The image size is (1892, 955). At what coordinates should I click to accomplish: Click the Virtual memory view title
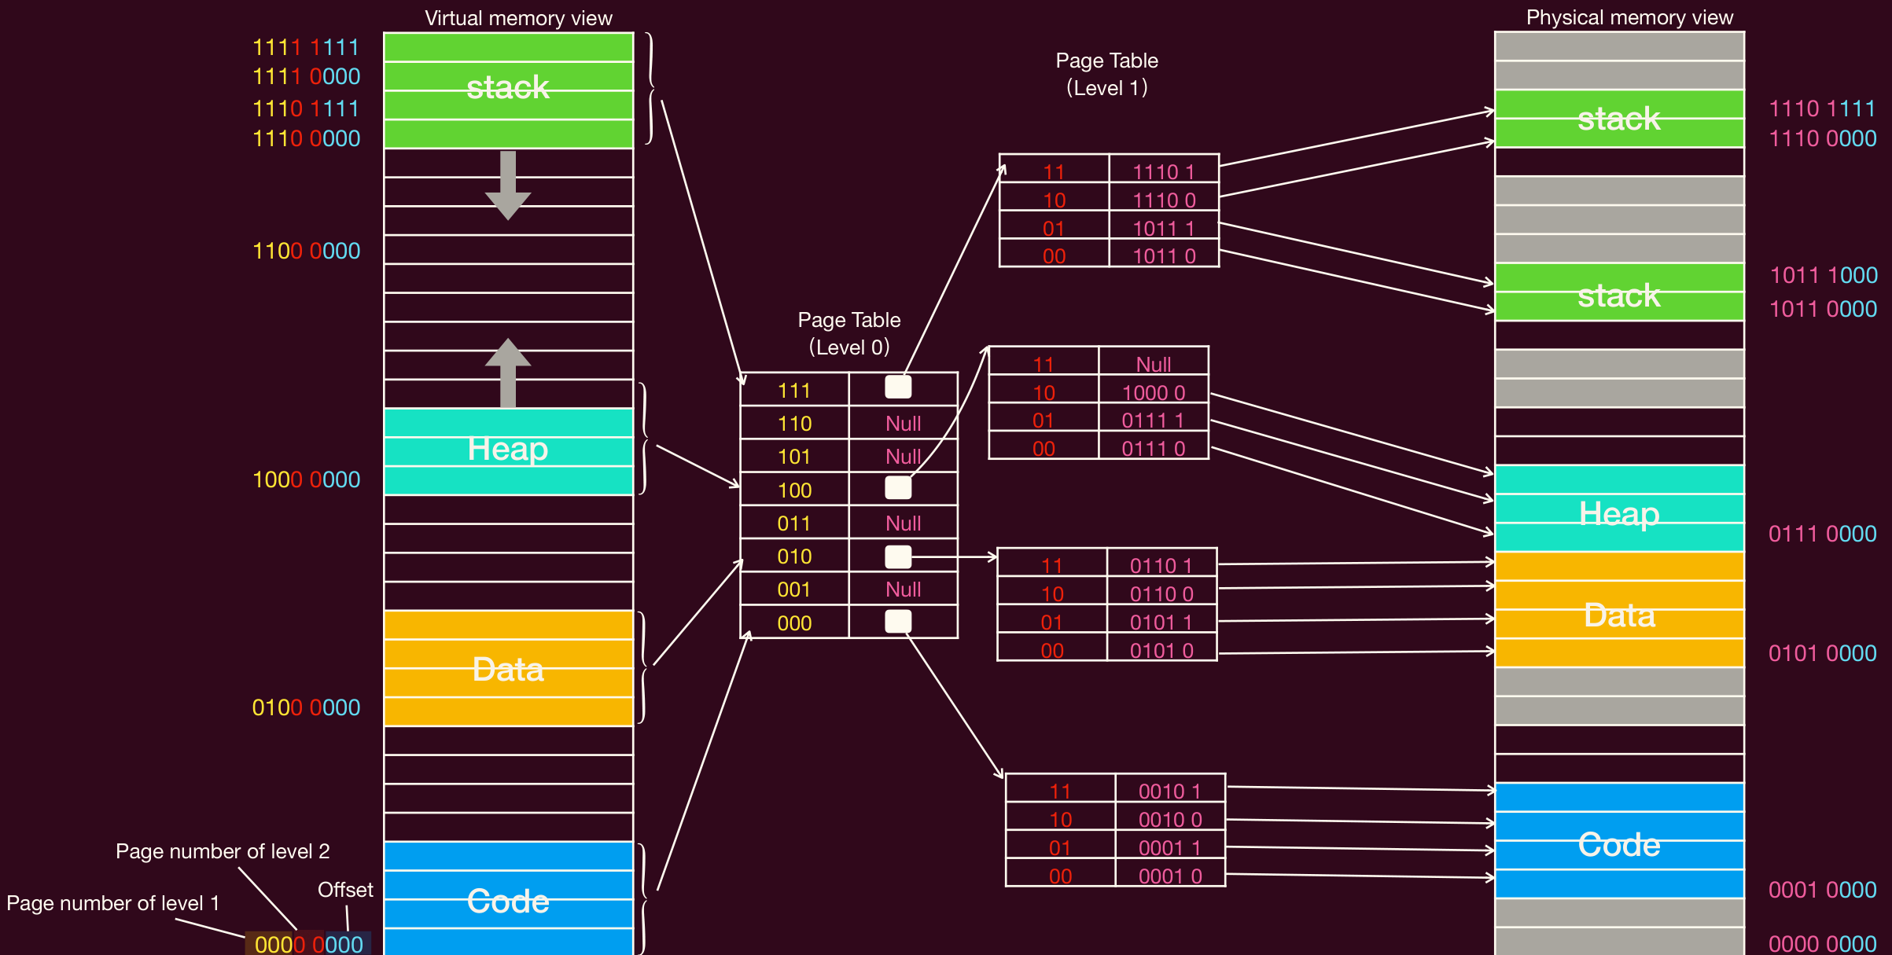pos(518,18)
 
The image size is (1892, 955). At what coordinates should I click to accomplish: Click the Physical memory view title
pos(1629,17)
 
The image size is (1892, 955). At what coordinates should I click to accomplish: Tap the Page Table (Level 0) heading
pos(849,333)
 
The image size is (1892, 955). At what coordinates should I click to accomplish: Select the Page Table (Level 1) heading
pos(1106,74)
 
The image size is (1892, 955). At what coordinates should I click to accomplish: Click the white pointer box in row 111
pos(898,387)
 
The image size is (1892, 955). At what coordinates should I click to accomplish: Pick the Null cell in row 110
pos(903,424)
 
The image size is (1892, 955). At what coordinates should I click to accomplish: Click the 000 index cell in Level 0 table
pos(794,623)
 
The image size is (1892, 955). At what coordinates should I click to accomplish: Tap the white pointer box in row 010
pos(898,556)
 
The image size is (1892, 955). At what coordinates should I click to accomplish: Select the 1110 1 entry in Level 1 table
pos(1163,171)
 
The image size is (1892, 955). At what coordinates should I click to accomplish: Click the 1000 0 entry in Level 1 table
pos(1154,392)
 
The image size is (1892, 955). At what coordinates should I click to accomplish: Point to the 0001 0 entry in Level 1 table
pos(1170,876)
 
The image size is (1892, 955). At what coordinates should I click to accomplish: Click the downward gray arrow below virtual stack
pos(508,185)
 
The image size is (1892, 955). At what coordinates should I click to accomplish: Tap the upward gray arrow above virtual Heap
pos(508,373)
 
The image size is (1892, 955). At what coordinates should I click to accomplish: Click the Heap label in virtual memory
pos(508,449)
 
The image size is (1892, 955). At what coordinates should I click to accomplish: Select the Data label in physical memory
pos(1619,615)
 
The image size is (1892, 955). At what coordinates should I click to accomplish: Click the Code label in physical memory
pos(1619,845)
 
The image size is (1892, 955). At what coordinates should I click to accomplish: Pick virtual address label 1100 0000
pos(306,251)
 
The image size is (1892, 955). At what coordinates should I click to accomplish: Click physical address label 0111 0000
pos(1822,534)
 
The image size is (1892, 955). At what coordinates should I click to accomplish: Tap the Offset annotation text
pos(345,890)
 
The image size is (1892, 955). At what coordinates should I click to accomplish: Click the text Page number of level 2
pos(223,851)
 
